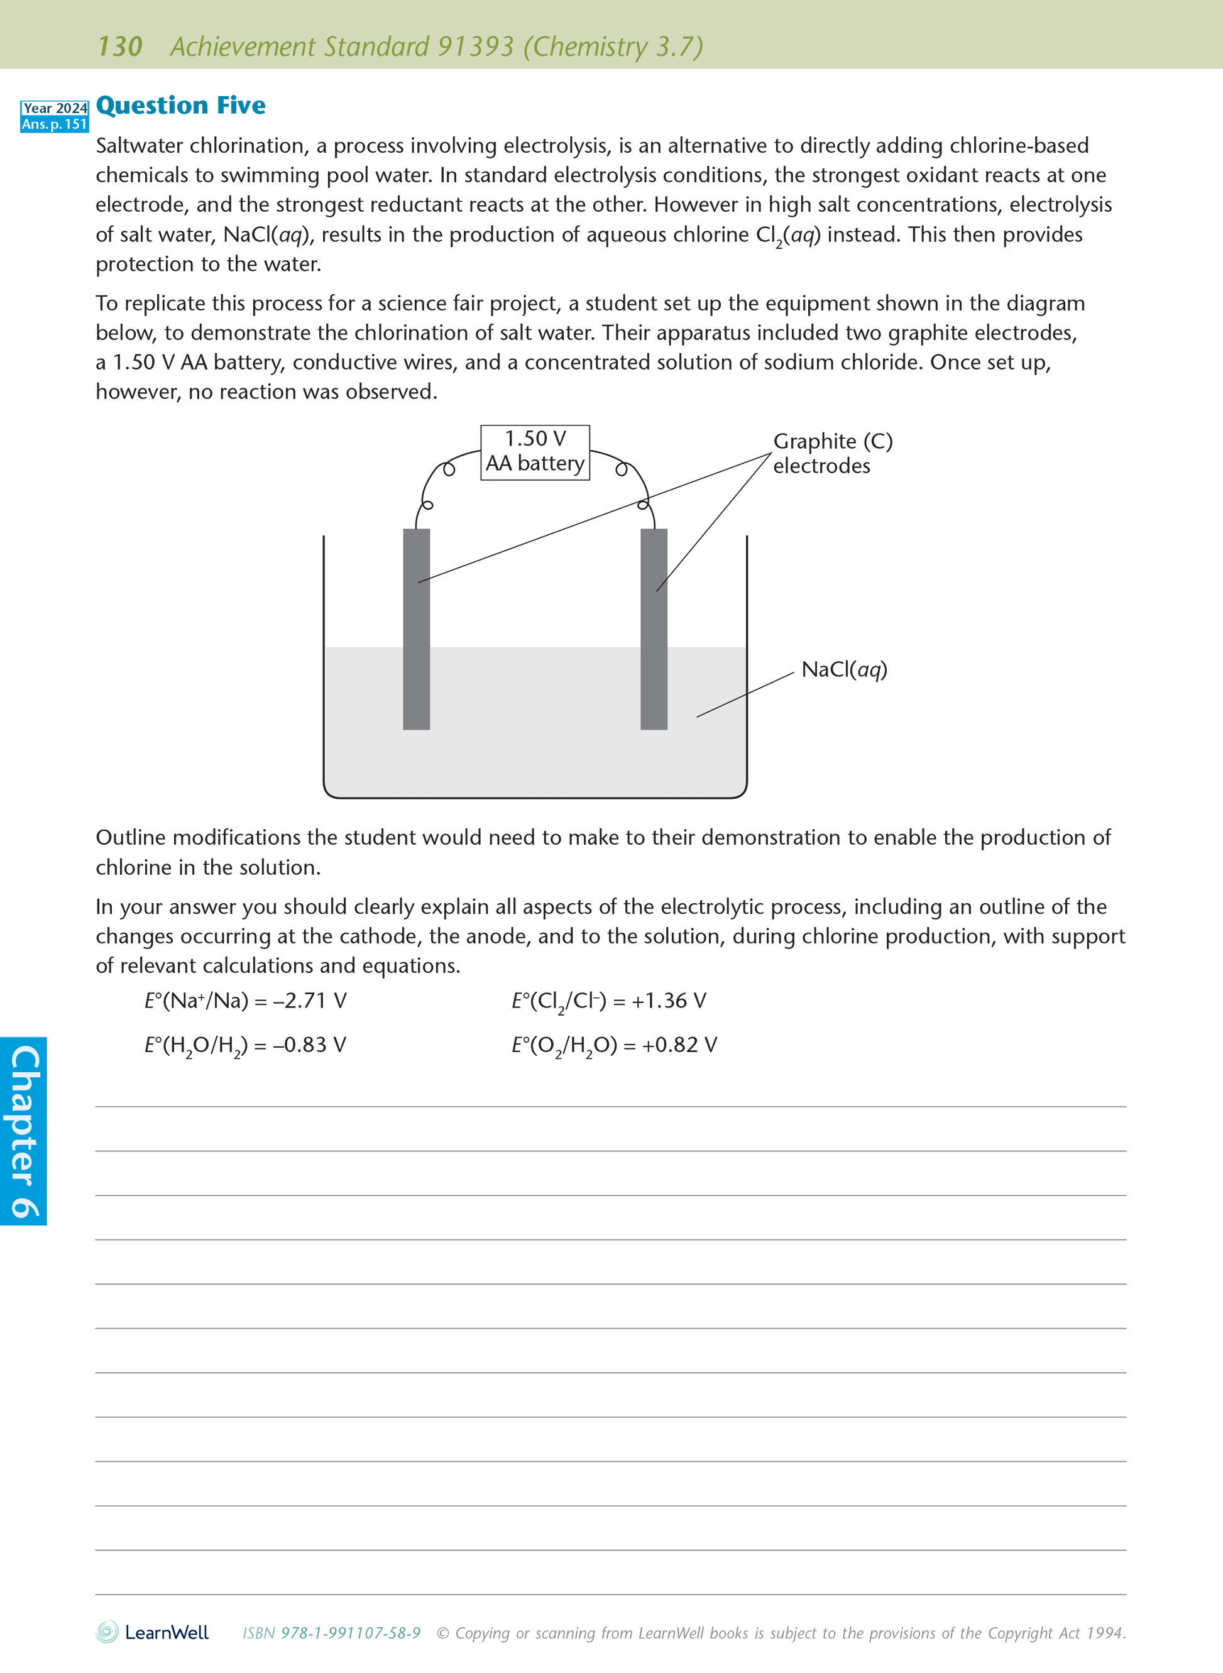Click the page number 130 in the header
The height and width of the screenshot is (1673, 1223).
click(x=119, y=47)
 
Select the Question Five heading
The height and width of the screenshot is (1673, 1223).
click(x=180, y=105)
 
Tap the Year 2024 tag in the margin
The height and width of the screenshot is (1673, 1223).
click(x=55, y=108)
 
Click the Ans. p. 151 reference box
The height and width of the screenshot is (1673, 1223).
click(x=55, y=124)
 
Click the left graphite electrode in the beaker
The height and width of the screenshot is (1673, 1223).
click(x=416, y=629)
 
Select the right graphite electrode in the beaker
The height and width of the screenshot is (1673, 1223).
click(x=654, y=629)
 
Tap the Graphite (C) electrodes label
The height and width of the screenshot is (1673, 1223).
click(x=832, y=453)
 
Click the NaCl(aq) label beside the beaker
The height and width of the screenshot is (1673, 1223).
click(x=844, y=669)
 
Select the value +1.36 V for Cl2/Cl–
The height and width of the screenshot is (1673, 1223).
click(x=669, y=1001)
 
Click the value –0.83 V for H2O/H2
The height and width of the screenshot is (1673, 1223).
click(x=309, y=1045)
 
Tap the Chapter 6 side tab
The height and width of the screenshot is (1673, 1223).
click(x=24, y=1131)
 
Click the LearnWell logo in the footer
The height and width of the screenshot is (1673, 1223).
click(x=153, y=1632)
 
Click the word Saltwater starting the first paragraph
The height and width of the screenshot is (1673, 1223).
click(x=139, y=146)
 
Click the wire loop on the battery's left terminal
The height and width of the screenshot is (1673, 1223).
click(x=448, y=469)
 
